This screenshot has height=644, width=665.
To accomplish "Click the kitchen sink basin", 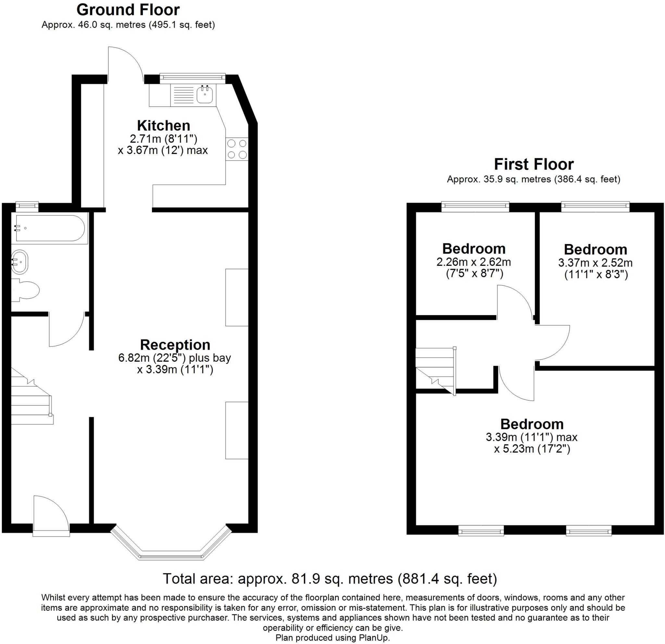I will point(205,94).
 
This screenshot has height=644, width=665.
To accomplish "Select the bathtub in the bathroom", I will point(50,228).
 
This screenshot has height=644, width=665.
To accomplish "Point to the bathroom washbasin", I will point(20,262).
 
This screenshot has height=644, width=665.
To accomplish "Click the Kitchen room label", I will point(163,126).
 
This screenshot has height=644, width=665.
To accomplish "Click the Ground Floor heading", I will point(128,10).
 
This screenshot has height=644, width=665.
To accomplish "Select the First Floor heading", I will point(533,164).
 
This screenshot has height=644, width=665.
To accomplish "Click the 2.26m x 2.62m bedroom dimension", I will point(474,262).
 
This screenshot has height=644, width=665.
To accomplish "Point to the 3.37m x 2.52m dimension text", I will point(596,263).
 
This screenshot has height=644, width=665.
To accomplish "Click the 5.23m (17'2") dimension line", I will point(532,449).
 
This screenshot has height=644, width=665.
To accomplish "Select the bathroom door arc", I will point(66,329).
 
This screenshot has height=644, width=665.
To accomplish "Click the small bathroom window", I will point(27,205).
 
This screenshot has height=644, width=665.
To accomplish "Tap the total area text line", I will point(330,578).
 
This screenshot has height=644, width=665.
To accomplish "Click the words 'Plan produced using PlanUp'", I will point(332,638).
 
